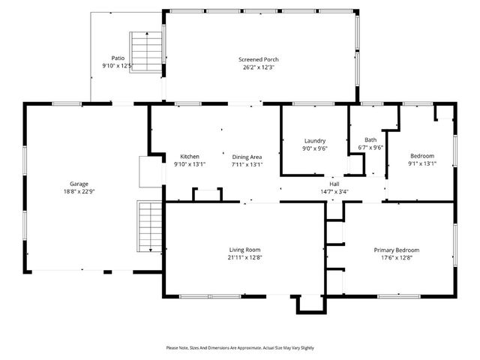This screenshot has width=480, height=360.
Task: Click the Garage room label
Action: (79, 184)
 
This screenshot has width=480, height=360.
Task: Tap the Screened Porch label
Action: (259, 59)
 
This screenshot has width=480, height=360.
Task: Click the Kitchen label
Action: (189, 157)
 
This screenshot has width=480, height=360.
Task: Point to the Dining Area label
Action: (247, 157)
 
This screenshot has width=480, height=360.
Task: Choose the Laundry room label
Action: (314, 141)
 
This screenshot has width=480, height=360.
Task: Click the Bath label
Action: (370, 139)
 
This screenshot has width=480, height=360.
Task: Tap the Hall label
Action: (334, 184)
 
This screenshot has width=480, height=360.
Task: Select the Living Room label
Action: (244, 250)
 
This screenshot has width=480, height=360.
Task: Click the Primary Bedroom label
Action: (397, 250)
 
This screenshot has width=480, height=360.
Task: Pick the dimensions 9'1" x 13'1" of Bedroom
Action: (421, 163)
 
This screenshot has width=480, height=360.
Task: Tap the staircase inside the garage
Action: (149, 227)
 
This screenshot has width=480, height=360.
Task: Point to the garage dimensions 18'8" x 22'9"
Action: (79, 191)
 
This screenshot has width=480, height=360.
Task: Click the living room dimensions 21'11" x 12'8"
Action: (244, 258)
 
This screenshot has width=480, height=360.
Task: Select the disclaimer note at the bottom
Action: (241, 348)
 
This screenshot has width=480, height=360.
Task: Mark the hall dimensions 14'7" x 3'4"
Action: (334, 191)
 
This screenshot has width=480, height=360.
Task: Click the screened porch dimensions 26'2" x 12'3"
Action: (259, 67)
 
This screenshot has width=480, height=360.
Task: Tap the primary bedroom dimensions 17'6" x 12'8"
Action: (397, 258)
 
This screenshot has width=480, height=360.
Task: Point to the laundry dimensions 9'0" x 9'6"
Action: (314, 148)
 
